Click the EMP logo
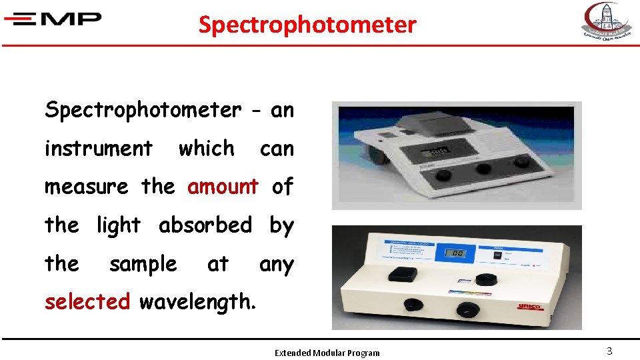click(53, 19)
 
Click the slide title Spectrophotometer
click(307, 25)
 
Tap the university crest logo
click(605, 22)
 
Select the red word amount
click(223, 187)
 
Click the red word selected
click(87, 302)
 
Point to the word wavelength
click(197, 302)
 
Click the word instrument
click(98, 148)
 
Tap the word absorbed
click(205, 225)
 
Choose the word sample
click(143, 264)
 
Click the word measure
click(86, 187)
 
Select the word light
click(119, 225)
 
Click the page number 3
click(609, 351)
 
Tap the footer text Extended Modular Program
click(327, 353)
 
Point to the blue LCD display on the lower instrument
click(456, 253)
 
